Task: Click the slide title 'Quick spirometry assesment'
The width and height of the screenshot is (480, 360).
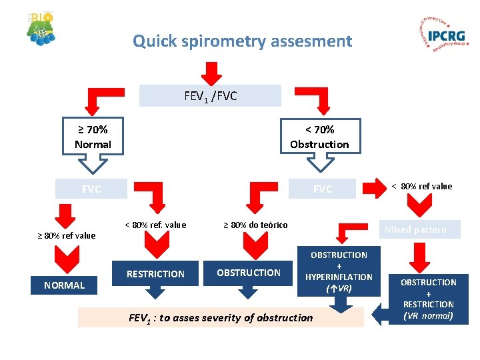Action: click(x=242, y=41)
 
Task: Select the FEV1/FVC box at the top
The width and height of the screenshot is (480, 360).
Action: click(x=210, y=96)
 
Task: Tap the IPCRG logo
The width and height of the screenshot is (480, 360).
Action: click(x=440, y=35)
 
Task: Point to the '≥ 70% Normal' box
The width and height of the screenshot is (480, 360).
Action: click(x=93, y=137)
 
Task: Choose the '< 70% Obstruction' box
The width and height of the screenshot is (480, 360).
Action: click(x=319, y=137)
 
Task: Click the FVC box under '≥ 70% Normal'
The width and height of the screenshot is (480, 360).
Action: click(x=91, y=189)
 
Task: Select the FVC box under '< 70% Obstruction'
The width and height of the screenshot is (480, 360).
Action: click(x=323, y=189)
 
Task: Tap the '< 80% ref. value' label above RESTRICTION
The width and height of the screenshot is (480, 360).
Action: click(x=155, y=225)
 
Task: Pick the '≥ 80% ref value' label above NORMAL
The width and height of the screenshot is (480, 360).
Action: click(x=66, y=235)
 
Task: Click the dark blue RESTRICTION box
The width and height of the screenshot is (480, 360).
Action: click(x=155, y=273)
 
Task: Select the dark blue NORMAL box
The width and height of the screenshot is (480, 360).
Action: click(x=65, y=285)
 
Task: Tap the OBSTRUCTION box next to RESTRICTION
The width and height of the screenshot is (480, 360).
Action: click(x=249, y=273)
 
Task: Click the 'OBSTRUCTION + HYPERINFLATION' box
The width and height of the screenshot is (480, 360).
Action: click(x=339, y=272)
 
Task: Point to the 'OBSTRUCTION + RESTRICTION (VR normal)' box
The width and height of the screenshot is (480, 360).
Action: click(x=428, y=299)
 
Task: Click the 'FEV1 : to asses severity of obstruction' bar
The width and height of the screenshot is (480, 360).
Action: click(x=221, y=317)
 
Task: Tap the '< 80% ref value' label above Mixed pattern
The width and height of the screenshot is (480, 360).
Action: click(x=421, y=187)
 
